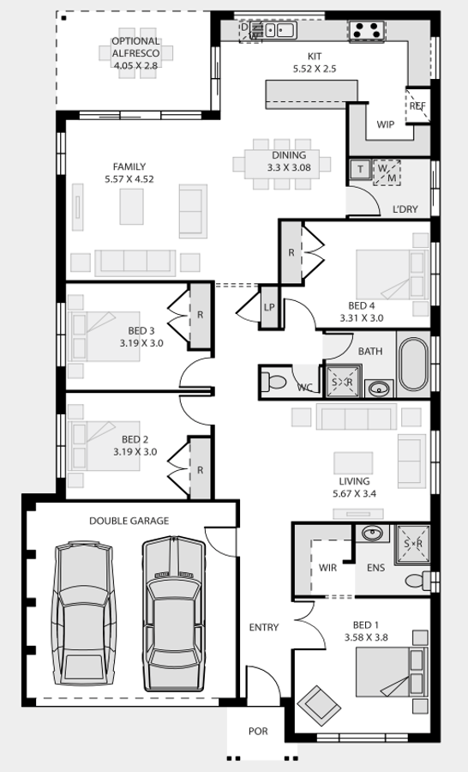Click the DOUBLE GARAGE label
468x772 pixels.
click(129, 521)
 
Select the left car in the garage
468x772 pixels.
click(84, 616)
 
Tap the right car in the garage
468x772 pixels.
click(176, 613)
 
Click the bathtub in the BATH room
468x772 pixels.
click(413, 366)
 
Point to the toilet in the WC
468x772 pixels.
click(276, 381)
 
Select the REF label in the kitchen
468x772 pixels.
click(417, 106)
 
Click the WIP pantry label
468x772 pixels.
click(386, 124)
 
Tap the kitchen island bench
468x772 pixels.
click(311, 92)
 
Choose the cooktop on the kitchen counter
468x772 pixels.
click(366, 30)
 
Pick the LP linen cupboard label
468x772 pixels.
click(269, 307)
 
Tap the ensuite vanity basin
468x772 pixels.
click(371, 534)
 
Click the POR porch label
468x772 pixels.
click(257, 732)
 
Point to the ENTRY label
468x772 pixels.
click(264, 628)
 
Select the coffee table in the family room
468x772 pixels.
click(132, 206)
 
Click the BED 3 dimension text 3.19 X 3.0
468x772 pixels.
click(141, 343)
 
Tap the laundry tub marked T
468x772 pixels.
click(360, 170)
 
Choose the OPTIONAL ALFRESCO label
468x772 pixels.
click(135, 53)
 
